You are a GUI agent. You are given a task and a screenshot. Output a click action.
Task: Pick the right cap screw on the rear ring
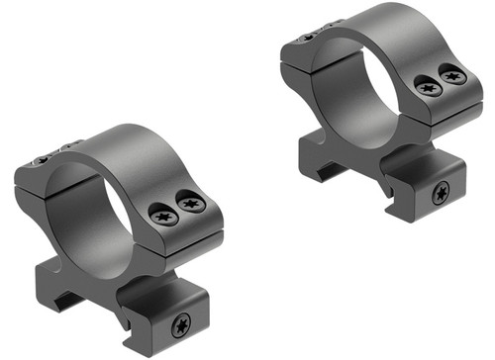[452, 73]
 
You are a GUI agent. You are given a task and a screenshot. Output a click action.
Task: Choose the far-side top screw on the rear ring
[308, 37]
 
